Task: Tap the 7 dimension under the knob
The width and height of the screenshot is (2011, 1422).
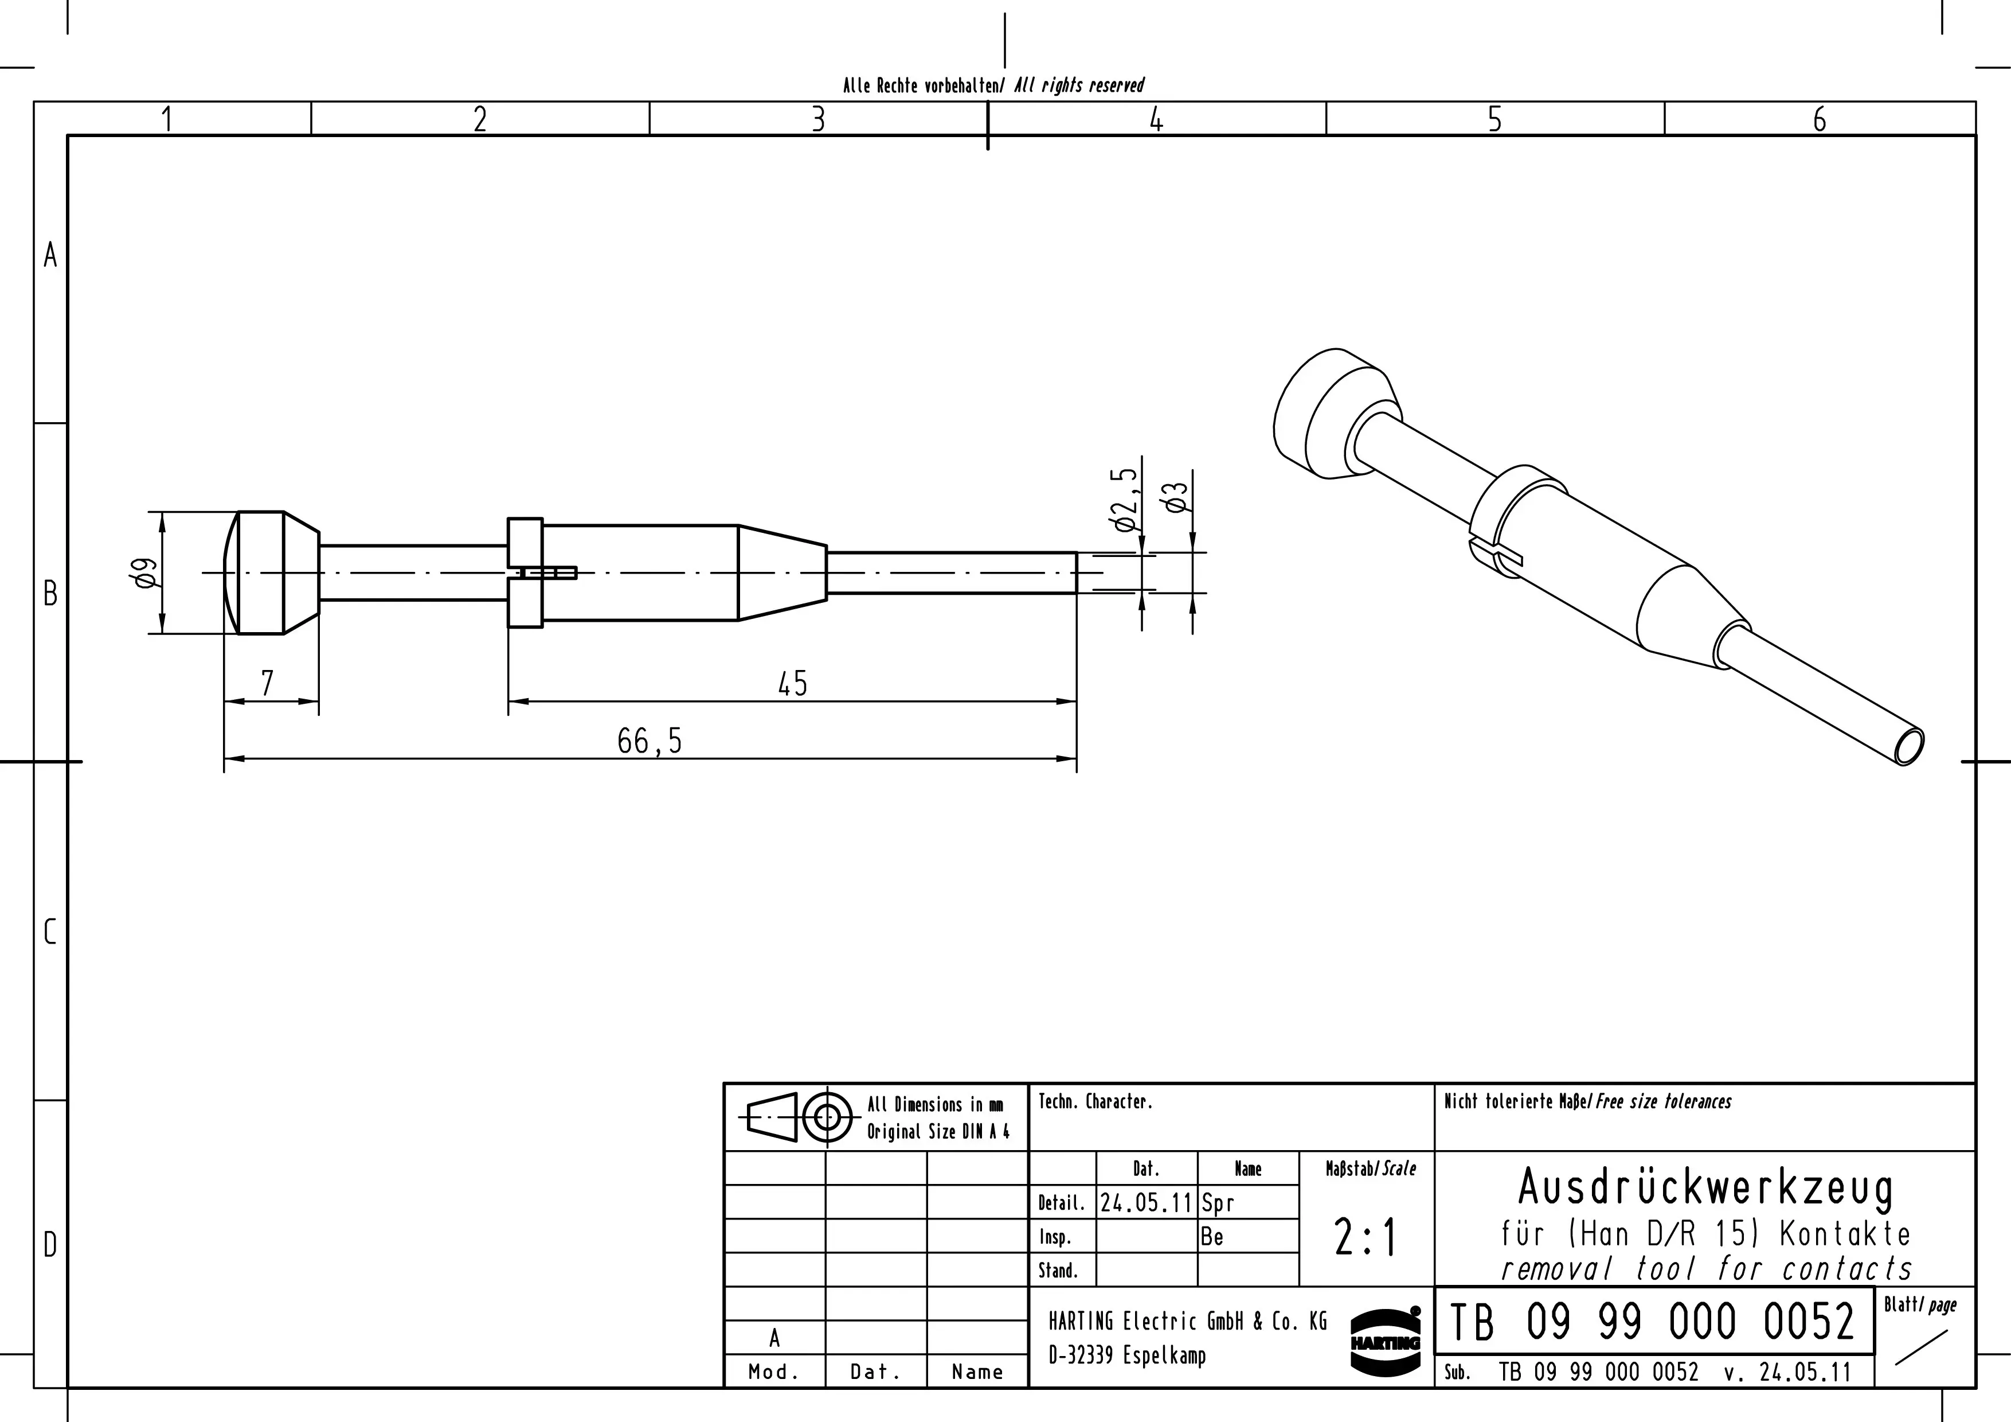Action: (267, 683)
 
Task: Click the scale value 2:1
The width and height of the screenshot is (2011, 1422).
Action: (1366, 1238)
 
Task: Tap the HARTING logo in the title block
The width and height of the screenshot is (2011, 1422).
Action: (1386, 1341)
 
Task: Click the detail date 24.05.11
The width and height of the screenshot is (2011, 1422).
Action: (1147, 1203)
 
